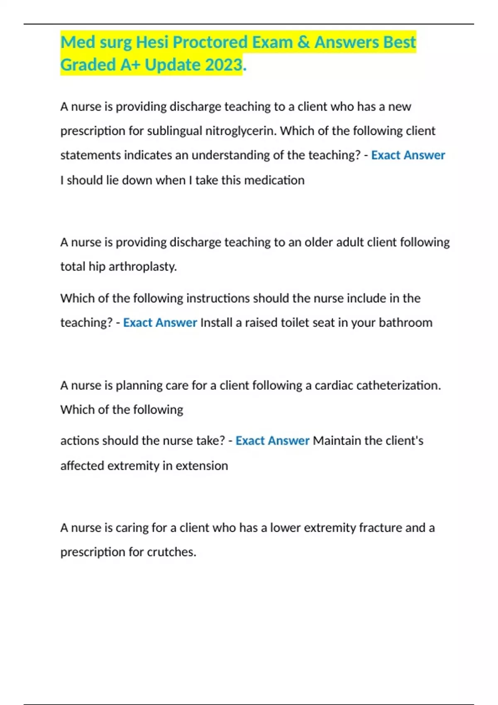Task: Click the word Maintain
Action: [x=337, y=440]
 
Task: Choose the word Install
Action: [x=216, y=323]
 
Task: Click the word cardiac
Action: [x=333, y=386]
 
